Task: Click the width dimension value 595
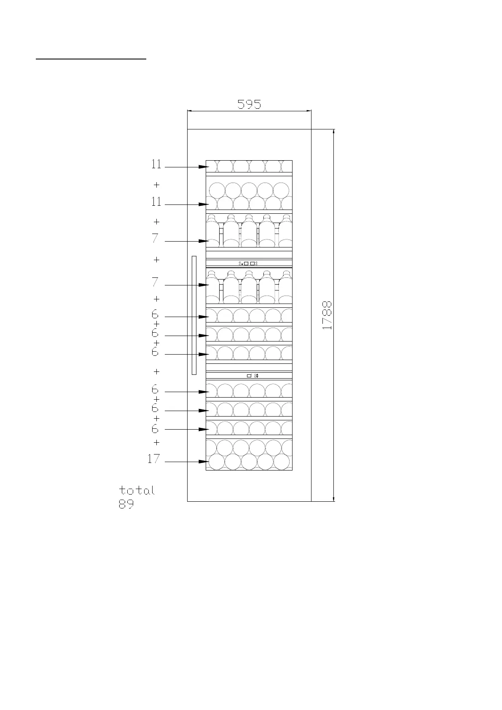(249, 104)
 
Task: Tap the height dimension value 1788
(328, 315)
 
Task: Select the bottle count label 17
(154, 459)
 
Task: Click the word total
(137, 490)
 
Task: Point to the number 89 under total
(126, 504)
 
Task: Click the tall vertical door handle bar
(194, 315)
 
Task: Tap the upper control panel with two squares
(249, 264)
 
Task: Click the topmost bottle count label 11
(156, 164)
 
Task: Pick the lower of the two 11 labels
(156, 202)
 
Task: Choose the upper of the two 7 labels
(156, 239)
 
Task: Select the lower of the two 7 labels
(156, 282)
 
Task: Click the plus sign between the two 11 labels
(157, 185)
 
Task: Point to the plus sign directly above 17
(157, 442)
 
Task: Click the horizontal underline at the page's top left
(91, 59)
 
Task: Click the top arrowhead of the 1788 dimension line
(334, 132)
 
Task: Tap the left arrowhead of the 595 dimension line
(190, 111)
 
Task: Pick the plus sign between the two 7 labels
(157, 260)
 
